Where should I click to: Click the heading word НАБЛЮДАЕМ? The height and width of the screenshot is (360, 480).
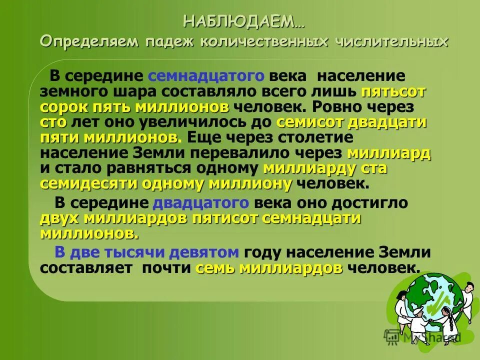[x=238, y=22]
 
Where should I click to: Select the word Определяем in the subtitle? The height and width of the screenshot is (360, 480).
[x=88, y=41]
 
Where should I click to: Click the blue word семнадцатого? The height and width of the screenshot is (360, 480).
[x=206, y=77]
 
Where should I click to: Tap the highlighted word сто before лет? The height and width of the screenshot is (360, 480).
[x=53, y=122]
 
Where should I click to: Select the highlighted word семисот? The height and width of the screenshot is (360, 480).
[x=310, y=122]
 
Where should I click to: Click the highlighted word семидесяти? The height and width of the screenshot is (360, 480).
[x=90, y=183]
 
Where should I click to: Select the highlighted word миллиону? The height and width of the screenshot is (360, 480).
[x=250, y=183]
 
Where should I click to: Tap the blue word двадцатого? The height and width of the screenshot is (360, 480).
[x=200, y=203]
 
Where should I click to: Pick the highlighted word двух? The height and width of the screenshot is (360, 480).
[x=59, y=218]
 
